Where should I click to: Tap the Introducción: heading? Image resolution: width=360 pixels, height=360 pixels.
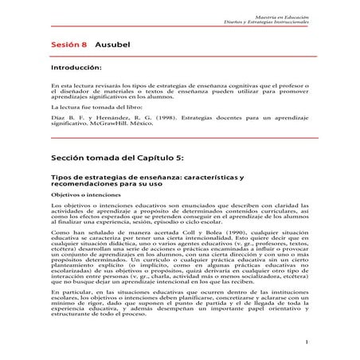(x=79, y=69)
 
